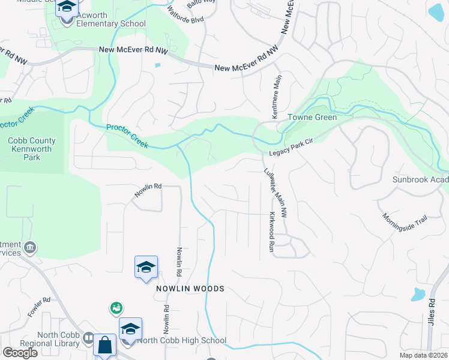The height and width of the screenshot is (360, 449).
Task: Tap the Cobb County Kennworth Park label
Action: point(32,149)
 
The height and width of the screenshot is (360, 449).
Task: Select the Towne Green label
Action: point(312,117)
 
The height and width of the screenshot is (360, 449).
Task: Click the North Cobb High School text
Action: point(182,341)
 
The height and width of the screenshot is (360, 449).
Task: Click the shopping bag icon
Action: point(104,346)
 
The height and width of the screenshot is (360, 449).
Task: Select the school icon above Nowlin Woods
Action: point(146,268)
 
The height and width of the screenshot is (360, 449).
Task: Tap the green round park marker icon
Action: point(116,308)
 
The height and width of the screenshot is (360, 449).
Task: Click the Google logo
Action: point(20,353)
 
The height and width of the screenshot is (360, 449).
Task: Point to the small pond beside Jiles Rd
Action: point(418,294)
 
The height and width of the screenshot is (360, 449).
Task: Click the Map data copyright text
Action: point(424,355)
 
